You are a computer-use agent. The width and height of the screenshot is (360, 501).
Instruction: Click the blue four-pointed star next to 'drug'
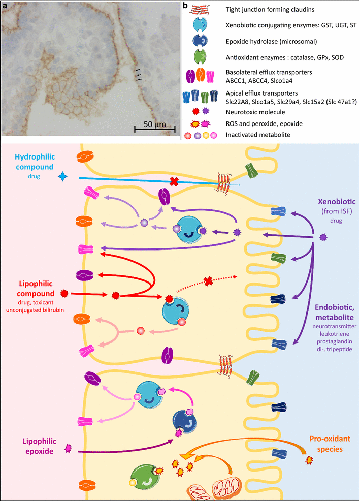[x=63, y=176]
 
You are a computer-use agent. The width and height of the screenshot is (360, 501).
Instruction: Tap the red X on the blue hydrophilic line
[x=174, y=181]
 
